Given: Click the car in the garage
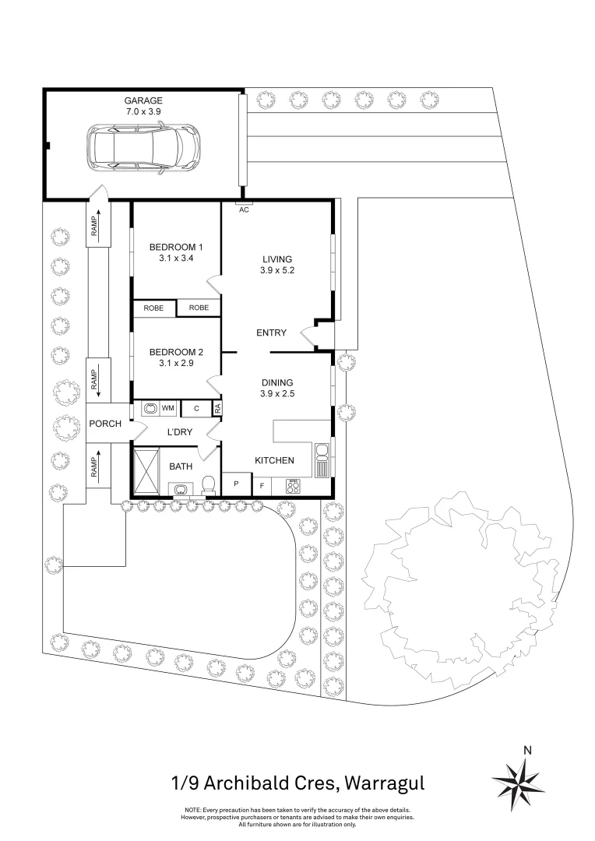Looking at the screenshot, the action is click(x=143, y=149).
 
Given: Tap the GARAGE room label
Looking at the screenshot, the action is click(x=143, y=100).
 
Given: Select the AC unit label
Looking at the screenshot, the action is click(x=244, y=209).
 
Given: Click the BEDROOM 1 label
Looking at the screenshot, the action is click(x=176, y=248).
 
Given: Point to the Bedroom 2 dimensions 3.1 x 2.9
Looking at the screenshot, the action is click(x=176, y=363).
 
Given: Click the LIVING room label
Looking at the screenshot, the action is click(x=277, y=259).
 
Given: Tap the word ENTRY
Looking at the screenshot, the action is click(x=272, y=333).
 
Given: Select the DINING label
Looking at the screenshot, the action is click(x=277, y=382).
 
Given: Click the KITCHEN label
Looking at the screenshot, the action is click(x=274, y=460).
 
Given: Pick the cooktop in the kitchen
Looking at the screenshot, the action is click(x=293, y=487).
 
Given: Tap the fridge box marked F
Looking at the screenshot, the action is click(x=262, y=486).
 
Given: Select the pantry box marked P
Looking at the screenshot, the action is click(x=237, y=484).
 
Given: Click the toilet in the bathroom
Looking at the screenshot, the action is click(x=208, y=485).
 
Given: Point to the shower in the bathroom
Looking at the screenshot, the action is click(x=146, y=472).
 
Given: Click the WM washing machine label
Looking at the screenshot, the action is click(x=168, y=409).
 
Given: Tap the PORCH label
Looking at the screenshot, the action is click(x=105, y=424).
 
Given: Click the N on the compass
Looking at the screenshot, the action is click(x=527, y=751).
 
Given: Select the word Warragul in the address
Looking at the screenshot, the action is click(x=384, y=783).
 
